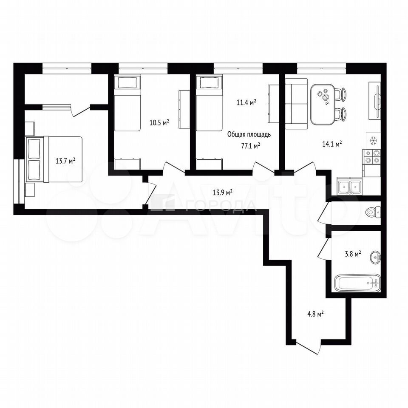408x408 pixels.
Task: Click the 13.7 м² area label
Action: (x=65, y=161)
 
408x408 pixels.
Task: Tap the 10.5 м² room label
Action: (x=159, y=122)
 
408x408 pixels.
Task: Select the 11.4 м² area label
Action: (x=246, y=102)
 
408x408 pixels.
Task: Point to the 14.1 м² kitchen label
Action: (x=332, y=144)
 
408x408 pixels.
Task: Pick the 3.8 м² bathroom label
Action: (x=353, y=254)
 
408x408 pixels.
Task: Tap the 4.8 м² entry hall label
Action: (x=315, y=314)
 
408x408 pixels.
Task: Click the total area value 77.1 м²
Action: (x=251, y=146)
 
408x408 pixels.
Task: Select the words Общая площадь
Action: (x=249, y=135)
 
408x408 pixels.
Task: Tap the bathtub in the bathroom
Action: (x=357, y=283)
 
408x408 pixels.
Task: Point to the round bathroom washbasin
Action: (x=375, y=258)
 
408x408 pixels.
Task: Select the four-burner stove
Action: (x=372, y=157)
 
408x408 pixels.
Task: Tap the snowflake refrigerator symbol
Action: (x=373, y=141)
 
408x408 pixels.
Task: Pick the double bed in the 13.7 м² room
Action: (x=54, y=159)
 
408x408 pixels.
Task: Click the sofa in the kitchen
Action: (x=296, y=104)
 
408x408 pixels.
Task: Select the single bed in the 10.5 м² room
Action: (x=127, y=103)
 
